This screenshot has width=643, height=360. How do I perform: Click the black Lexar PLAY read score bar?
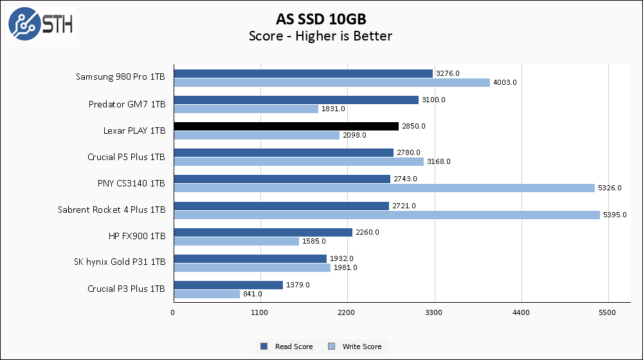click(x=285, y=126)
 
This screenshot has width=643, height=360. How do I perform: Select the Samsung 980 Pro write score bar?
click(x=331, y=82)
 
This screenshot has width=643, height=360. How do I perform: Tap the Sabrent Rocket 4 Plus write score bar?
click(x=386, y=215)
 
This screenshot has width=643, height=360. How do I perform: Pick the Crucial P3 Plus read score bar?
click(x=228, y=285)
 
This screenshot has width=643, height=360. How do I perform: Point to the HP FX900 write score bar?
click(x=235, y=241)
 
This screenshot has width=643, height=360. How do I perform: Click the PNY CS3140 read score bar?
click(x=281, y=179)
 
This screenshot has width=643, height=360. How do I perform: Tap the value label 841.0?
click(x=251, y=294)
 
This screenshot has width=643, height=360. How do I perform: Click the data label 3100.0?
click(x=434, y=100)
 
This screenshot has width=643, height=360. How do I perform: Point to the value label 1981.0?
click(x=345, y=267)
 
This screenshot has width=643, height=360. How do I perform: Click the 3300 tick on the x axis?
click(x=434, y=312)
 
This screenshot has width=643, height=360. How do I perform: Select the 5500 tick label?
click(x=608, y=312)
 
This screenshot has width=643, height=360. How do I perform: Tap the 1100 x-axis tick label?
click(x=260, y=312)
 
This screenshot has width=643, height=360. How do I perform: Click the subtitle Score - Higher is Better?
click(x=320, y=36)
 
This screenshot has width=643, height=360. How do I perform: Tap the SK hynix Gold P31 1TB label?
click(x=126, y=262)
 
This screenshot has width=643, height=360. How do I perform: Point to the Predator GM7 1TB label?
click(x=127, y=104)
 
